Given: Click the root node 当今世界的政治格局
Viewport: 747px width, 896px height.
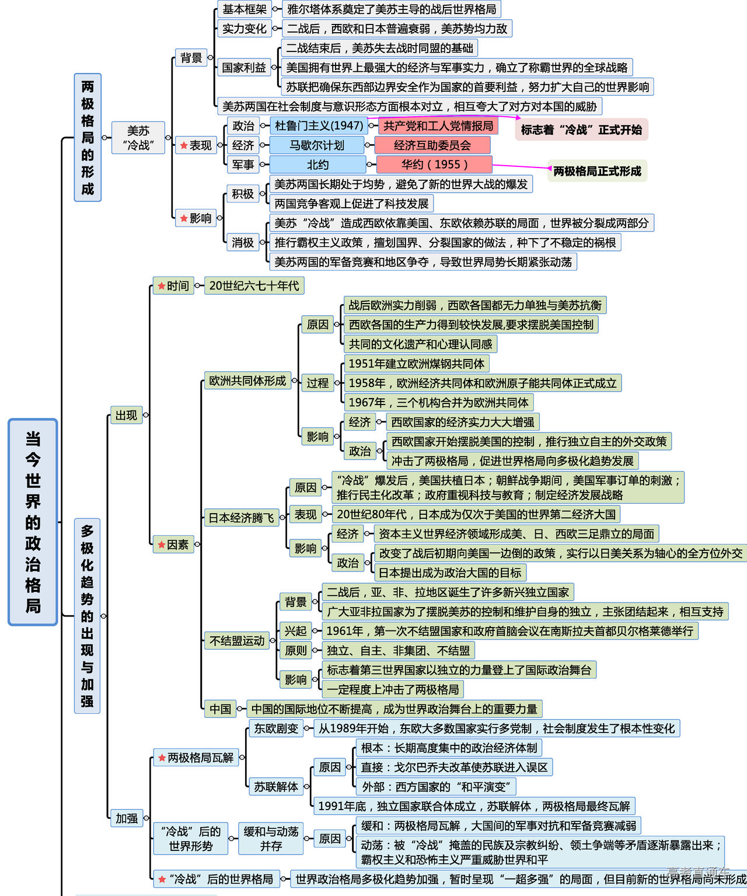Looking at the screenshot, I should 33,522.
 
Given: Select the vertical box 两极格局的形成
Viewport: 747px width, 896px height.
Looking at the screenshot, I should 88,137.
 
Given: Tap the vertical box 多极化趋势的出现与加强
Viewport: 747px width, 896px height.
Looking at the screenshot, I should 87,615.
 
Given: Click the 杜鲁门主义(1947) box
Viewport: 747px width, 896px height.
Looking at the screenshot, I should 319,125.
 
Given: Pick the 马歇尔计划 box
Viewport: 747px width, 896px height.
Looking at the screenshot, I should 317,145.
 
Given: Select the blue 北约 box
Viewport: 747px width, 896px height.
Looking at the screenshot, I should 317,165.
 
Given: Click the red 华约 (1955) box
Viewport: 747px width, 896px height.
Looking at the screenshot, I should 434,165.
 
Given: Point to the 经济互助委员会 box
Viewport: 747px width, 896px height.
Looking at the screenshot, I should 432,145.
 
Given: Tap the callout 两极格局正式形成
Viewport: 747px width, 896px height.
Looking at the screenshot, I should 596,171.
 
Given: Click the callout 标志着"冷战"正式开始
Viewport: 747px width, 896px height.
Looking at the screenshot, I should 581,130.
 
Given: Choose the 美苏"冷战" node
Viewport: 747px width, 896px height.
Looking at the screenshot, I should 138,138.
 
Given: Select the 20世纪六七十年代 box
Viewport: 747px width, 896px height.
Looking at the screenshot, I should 254,285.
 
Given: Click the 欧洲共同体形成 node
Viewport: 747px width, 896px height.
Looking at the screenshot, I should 247,381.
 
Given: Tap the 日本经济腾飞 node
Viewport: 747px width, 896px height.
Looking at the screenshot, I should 241,518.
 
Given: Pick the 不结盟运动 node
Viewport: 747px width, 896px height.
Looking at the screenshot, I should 237,640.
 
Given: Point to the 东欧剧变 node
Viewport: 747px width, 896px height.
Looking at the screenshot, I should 275,728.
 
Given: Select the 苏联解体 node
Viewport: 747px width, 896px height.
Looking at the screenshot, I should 275,787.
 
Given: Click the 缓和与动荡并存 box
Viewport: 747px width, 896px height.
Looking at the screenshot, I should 271,838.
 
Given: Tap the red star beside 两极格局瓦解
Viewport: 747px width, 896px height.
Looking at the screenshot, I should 162,758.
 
